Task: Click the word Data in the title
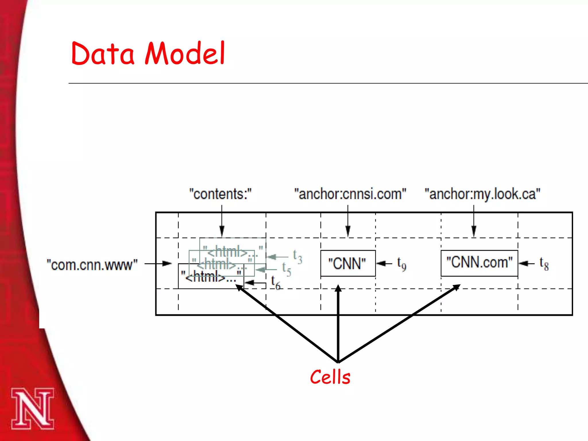click(102, 54)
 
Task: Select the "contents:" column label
click(220, 194)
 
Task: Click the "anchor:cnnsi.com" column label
click(350, 194)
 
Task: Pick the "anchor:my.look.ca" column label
click(482, 194)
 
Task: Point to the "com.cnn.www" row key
click(92, 265)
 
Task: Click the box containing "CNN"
click(348, 263)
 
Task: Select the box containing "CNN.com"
click(479, 263)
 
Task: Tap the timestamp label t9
click(401, 264)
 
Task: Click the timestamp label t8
click(544, 264)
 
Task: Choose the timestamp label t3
click(297, 256)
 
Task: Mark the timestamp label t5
click(287, 269)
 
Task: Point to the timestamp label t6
click(275, 283)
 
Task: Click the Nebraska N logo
click(32, 409)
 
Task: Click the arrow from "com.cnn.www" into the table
click(158, 264)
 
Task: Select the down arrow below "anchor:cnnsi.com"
click(348, 221)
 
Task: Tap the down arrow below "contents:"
click(222, 221)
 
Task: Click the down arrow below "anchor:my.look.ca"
click(474, 221)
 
